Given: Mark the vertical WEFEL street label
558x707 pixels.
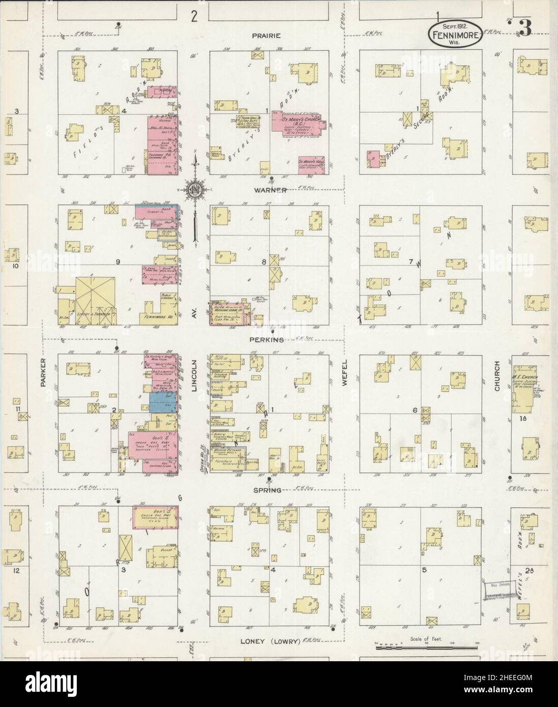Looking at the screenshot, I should (x=344, y=374).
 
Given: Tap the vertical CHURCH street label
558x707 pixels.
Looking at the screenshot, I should (x=497, y=376).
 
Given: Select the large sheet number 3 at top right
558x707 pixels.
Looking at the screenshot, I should (x=525, y=28).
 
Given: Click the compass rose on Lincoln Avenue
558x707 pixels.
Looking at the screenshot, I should (x=196, y=190).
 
